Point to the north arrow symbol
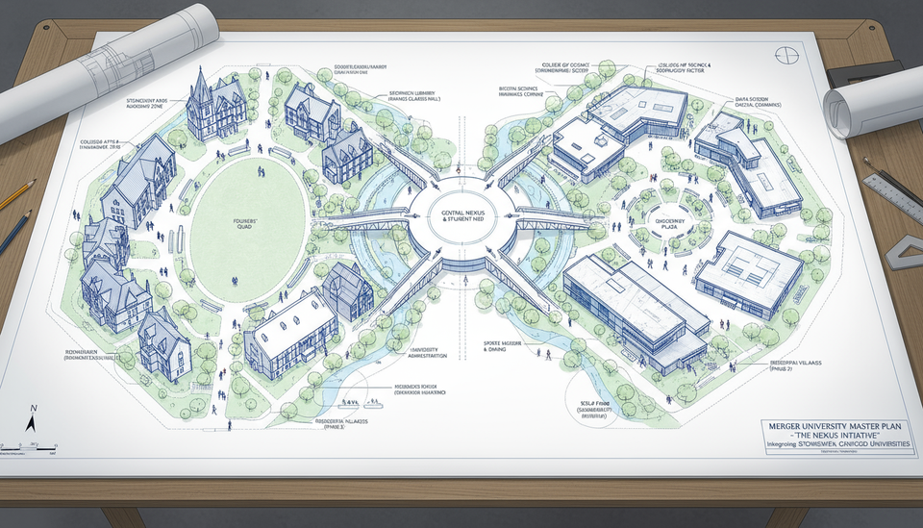click(x=31, y=420)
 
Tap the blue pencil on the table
click(x=14, y=231)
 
